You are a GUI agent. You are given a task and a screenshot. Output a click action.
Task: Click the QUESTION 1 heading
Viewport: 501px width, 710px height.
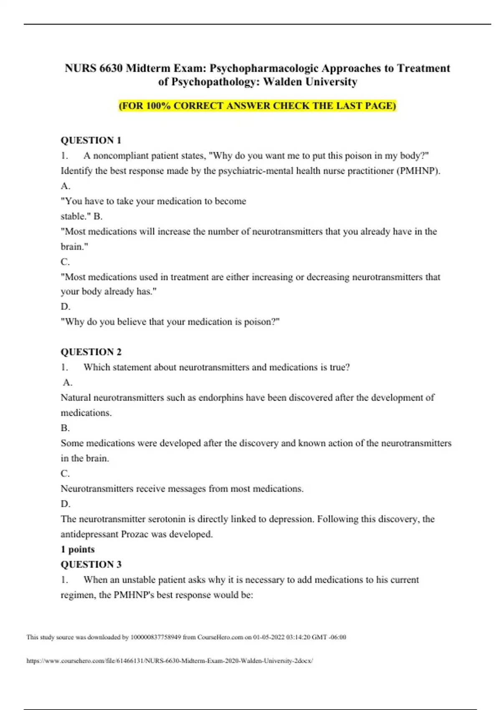[91, 140]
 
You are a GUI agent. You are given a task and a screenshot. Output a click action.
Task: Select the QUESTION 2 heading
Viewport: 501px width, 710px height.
[91, 352]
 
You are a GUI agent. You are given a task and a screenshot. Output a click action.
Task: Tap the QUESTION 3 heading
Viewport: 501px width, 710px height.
[91, 565]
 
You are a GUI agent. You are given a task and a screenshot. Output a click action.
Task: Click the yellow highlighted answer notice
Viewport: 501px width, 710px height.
[257, 106]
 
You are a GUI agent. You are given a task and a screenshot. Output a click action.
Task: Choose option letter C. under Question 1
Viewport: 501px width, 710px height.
[65, 262]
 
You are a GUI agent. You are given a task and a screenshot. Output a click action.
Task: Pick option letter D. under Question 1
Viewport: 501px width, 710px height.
[65, 307]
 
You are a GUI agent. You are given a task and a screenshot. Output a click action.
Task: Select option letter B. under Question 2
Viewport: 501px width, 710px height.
[65, 428]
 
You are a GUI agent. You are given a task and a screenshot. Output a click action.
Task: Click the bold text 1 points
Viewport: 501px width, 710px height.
[78, 550]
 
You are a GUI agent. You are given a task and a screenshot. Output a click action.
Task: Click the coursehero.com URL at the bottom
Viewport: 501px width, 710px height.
[170, 661]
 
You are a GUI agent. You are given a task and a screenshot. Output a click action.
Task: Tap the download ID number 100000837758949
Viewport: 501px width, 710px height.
[156, 637]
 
